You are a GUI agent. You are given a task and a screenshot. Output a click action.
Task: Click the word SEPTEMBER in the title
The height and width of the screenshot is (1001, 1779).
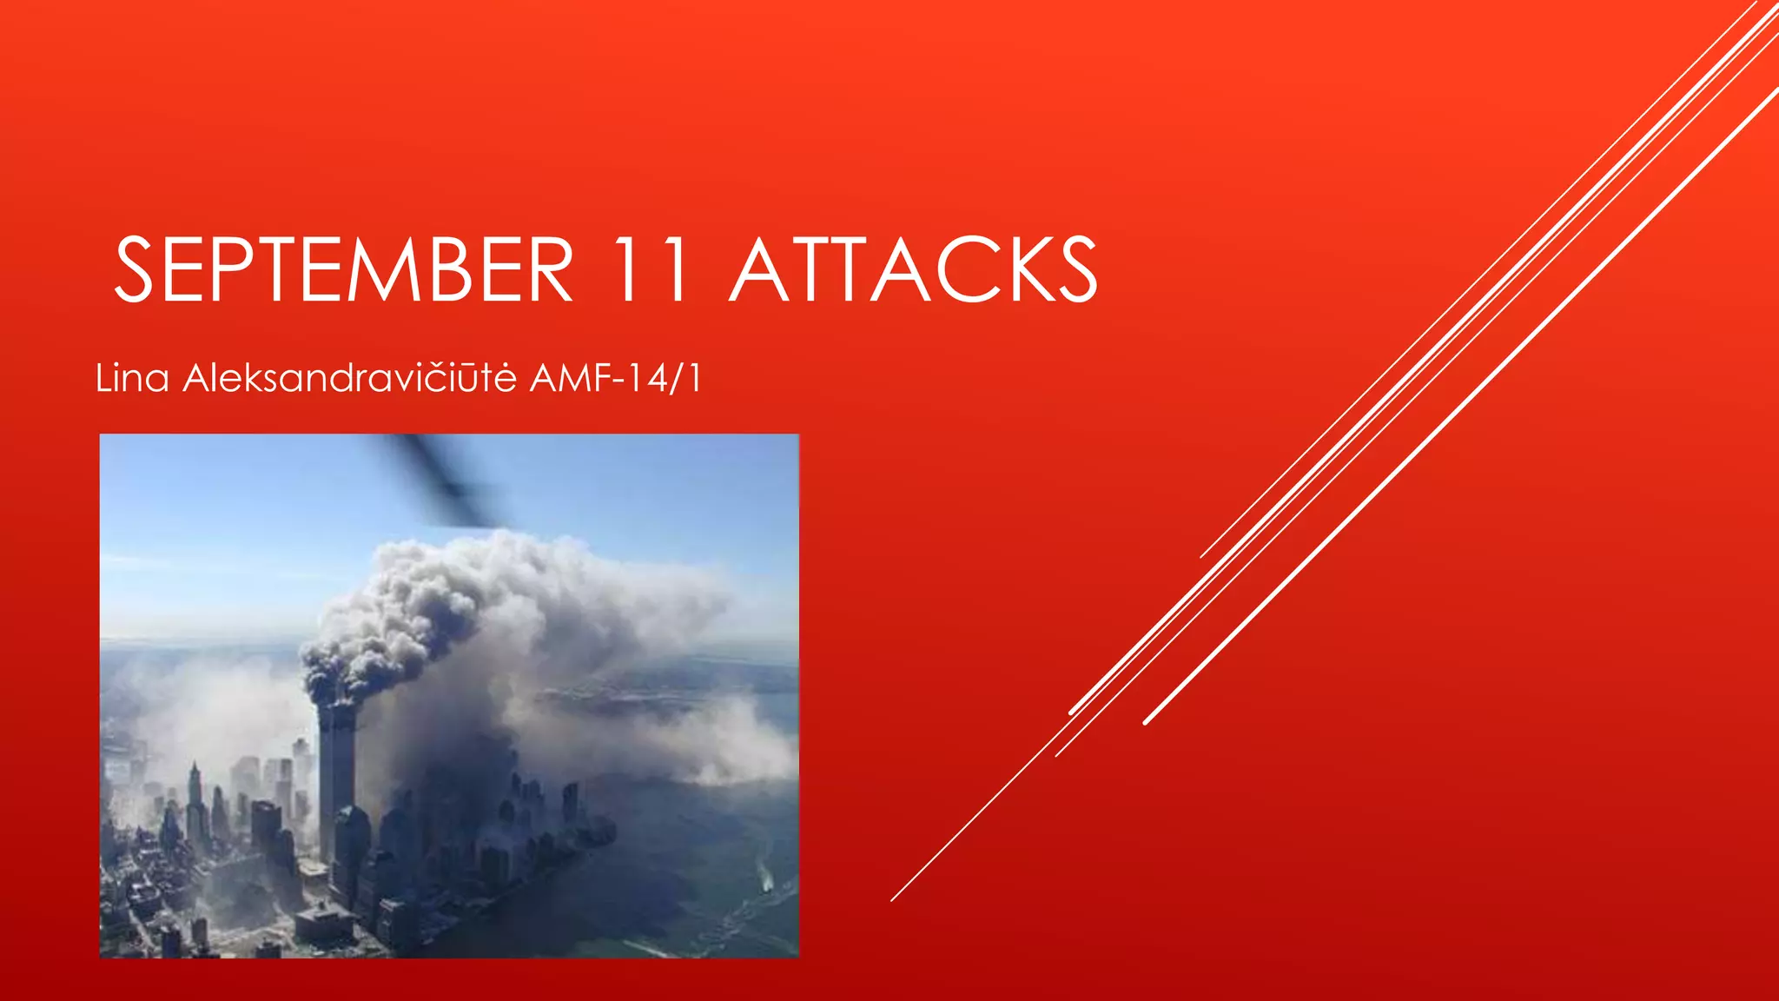tap(344, 270)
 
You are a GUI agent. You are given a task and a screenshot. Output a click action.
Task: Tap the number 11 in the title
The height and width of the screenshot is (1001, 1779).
tap(651, 270)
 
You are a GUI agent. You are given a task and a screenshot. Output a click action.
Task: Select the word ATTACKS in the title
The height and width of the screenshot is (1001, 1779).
tap(913, 270)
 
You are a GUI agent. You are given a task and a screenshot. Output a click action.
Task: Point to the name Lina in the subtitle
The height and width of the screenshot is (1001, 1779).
tap(132, 379)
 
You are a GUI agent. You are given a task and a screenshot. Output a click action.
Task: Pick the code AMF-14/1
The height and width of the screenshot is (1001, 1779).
tap(615, 379)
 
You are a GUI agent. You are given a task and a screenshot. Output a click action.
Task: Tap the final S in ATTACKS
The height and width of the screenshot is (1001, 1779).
tap(1074, 270)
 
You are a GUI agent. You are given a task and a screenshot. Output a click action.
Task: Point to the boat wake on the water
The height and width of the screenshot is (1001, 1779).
tap(765, 878)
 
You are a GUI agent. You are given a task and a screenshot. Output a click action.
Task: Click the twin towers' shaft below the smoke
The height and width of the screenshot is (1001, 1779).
tap(337, 773)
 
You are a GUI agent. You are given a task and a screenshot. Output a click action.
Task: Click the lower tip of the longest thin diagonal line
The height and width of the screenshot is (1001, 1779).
tap(892, 899)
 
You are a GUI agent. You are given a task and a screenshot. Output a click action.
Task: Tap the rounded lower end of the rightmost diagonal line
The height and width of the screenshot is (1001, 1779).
tap(1147, 721)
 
